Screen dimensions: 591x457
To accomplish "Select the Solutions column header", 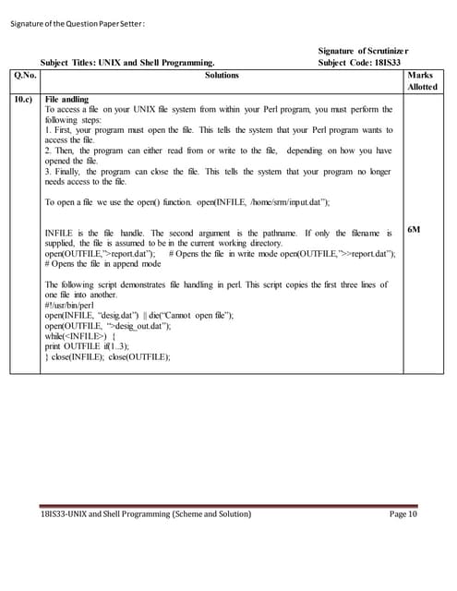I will pyautogui.click(x=222, y=75).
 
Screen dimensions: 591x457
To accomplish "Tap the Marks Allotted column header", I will pyautogui.click(x=421, y=80).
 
